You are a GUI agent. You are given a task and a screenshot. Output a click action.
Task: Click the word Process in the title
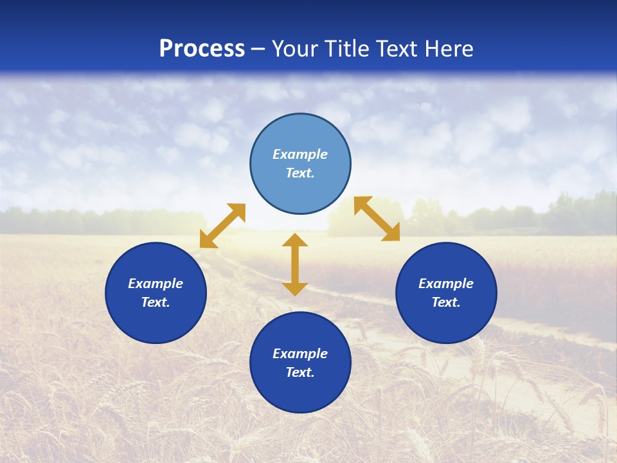pyautogui.click(x=202, y=49)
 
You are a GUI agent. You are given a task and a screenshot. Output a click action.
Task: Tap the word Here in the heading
pyautogui.click(x=449, y=49)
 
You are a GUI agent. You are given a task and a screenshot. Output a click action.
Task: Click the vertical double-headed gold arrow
pyautogui.click(x=295, y=264)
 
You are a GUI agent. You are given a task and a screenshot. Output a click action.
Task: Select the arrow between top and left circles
pyautogui.click(x=222, y=226)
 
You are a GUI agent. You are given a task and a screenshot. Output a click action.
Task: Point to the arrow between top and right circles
pyautogui.click(x=377, y=219)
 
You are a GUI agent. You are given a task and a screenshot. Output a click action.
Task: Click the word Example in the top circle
pyautogui.click(x=300, y=154)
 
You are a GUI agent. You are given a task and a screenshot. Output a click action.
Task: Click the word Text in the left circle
pyautogui.click(x=156, y=302)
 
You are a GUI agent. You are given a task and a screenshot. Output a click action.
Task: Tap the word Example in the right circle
pyautogui.click(x=446, y=284)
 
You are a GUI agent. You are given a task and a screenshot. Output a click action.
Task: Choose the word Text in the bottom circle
pyautogui.click(x=300, y=372)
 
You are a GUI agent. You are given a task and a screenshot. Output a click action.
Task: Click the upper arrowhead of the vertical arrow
pyautogui.click(x=295, y=241)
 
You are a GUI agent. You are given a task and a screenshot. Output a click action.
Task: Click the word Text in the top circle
pyautogui.click(x=300, y=173)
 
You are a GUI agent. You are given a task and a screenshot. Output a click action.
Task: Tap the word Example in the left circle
pyautogui.click(x=156, y=284)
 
